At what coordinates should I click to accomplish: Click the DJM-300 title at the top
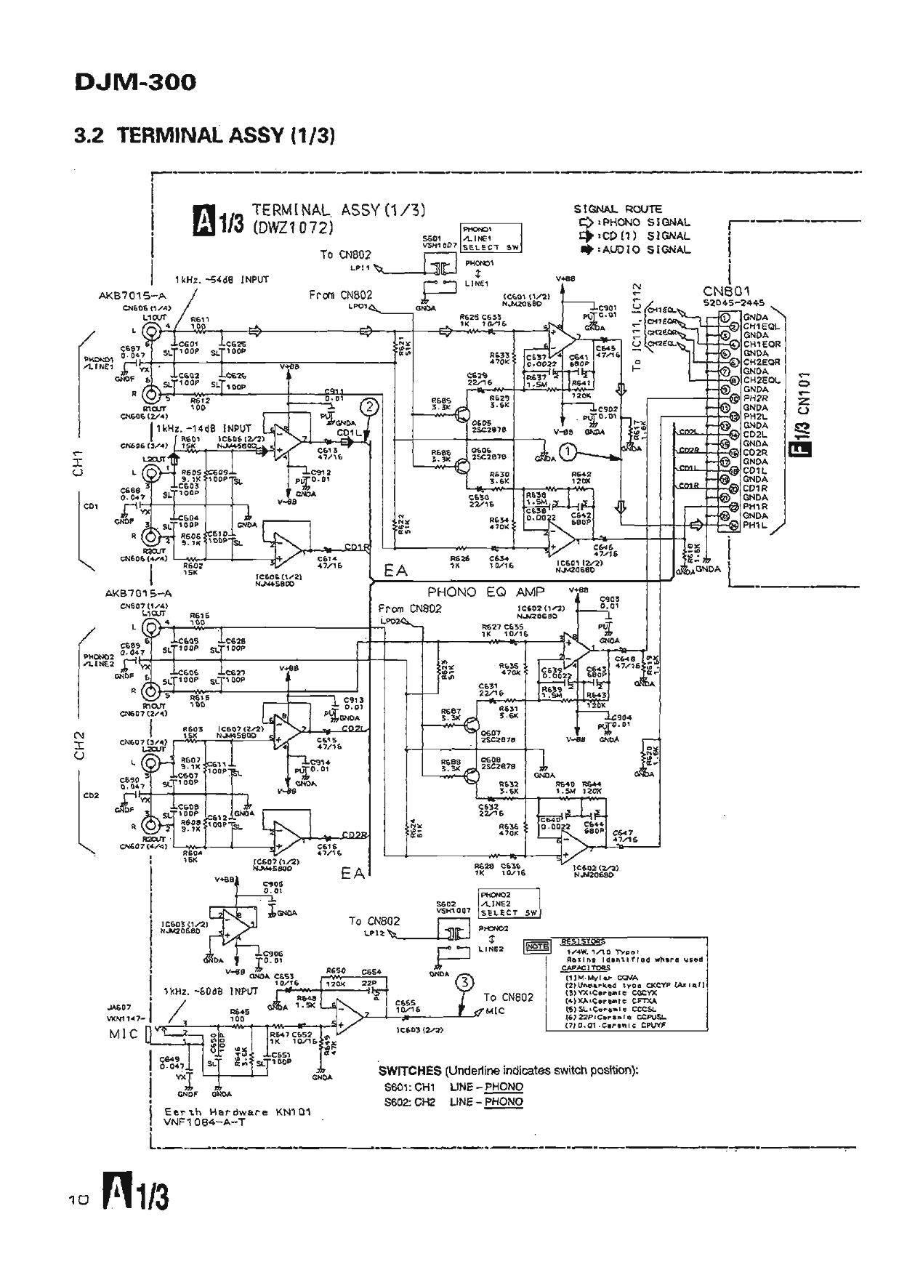pyautogui.click(x=135, y=82)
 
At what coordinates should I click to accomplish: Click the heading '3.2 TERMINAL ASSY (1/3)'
pyautogui.click(x=204, y=135)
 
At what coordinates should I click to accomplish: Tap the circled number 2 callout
pyautogui.click(x=369, y=407)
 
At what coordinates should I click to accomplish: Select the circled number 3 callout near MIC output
pyautogui.click(x=464, y=984)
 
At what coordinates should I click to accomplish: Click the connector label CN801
pyautogui.click(x=726, y=291)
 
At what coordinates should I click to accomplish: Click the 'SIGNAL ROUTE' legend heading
pyautogui.click(x=618, y=209)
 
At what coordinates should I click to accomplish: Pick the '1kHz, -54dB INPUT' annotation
pyautogui.click(x=222, y=279)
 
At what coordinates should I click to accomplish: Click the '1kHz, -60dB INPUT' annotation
pyautogui.click(x=211, y=991)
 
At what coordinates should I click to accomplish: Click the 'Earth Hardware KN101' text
pyautogui.click(x=238, y=1111)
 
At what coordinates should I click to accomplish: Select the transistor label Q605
pyautogui.click(x=482, y=422)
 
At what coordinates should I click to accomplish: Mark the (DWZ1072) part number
pyautogui.click(x=293, y=228)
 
